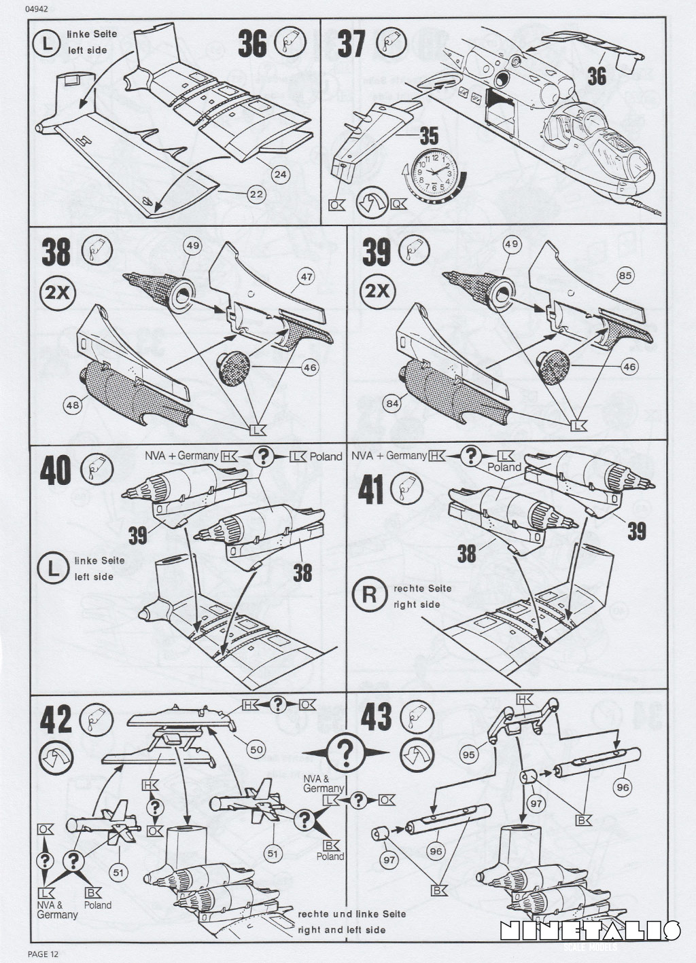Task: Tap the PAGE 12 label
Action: pyautogui.click(x=43, y=955)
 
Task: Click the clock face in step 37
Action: pyautogui.click(x=433, y=170)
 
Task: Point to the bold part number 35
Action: pyautogui.click(x=428, y=135)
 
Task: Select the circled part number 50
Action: pyautogui.click(x=256, y=750)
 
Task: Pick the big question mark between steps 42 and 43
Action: pyautogui.click(x=345, y=751)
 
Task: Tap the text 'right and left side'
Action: pyautogui.click(x=342, y=930)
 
